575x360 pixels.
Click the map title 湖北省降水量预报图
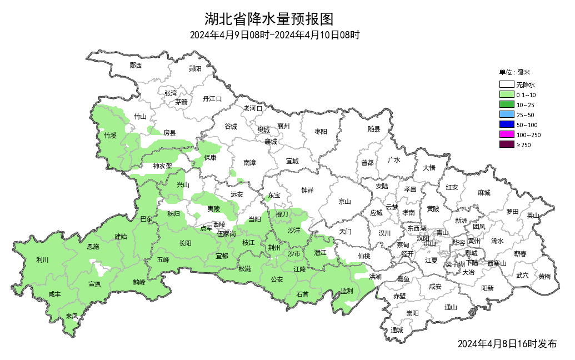click(269, 19)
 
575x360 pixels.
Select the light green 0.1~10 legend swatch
click(506, 95)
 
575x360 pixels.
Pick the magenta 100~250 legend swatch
click(506, 134)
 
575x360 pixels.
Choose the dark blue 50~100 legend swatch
click(506, 124)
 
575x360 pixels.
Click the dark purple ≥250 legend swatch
click(506, 144)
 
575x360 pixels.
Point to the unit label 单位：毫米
click(515, 72)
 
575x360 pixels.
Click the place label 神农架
click(162, 166)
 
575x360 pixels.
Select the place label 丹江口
click(212, 99)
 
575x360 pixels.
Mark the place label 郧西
click(136, 66)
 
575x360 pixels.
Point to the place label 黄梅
click(544, 276)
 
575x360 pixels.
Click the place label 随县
click(374, 129)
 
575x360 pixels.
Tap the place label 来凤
click(72, 316)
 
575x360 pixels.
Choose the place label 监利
click(347, 291)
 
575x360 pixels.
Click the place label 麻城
click(484, 193)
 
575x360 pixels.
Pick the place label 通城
click(396, 330)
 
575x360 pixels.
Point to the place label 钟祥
click(307, 191)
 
